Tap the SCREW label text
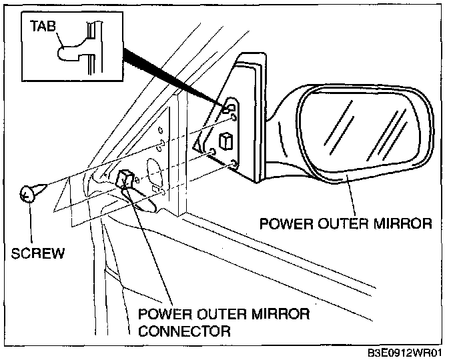[x=39, y=253]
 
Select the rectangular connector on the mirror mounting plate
[x=225, y=140]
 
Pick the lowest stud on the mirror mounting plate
[x=233, y=163]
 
